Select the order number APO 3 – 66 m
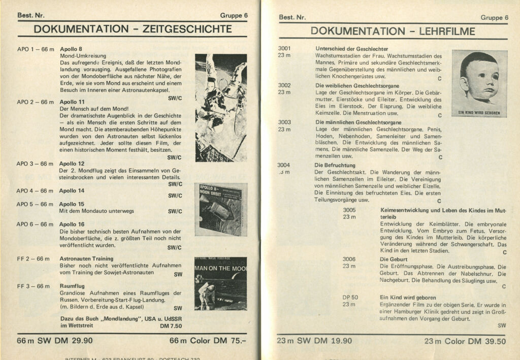point(35,163)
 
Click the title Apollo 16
point(72,224)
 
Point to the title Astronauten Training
point(86,258)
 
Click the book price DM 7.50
point(171,326)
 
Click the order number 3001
point(284,48)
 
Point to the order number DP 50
point(350,297)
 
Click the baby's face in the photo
point(479,79)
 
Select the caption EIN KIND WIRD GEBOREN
point(479,113)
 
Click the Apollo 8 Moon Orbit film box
point(220,209)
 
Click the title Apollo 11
point(72,102)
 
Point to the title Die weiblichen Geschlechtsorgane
point(350,85)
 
